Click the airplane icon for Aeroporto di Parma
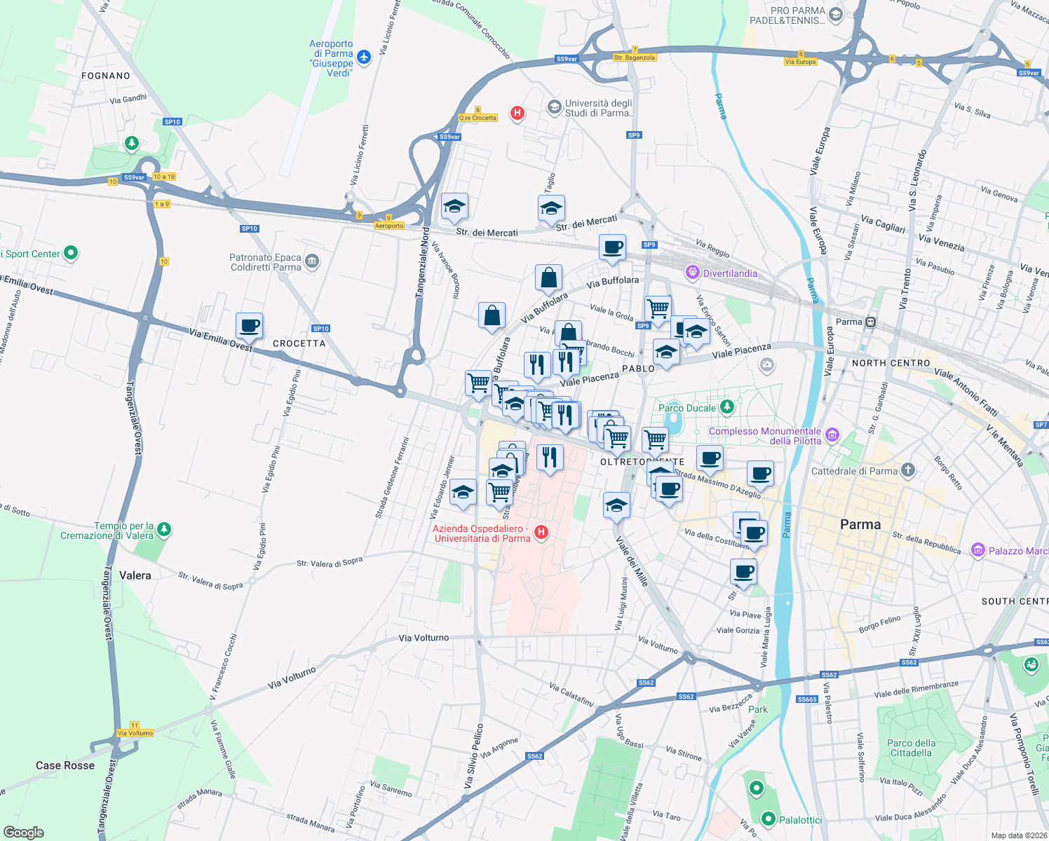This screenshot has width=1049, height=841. tap(363, 57)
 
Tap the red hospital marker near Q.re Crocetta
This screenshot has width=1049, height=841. tap(517, 113)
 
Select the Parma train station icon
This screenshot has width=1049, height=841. tap(870, 322)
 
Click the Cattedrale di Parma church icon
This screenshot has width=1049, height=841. tap(908, 470)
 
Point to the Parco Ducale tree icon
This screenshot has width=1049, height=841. tap(727, 406)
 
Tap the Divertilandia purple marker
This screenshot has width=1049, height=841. tap(693, 273)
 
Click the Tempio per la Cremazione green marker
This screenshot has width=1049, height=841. tap(164, 529)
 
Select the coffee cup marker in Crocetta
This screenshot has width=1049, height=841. tap(249, 326)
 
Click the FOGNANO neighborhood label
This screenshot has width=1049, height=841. tap(106, 76)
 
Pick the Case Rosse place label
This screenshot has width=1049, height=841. tap(65, 765)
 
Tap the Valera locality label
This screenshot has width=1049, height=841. tap(135, 575)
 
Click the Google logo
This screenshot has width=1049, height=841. tap(24, 832)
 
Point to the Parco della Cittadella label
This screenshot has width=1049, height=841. tap(911, 748)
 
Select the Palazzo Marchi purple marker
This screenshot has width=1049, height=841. tap(978, 550)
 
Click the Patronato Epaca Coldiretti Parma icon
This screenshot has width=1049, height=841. tap(312, 262)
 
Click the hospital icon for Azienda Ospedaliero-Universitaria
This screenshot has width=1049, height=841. tap(541, 533)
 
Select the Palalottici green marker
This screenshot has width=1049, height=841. tap(769, 819)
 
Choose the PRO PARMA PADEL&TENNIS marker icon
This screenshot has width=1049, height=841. tap(835, 15)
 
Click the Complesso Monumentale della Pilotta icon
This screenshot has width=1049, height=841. tap(832, 435)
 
